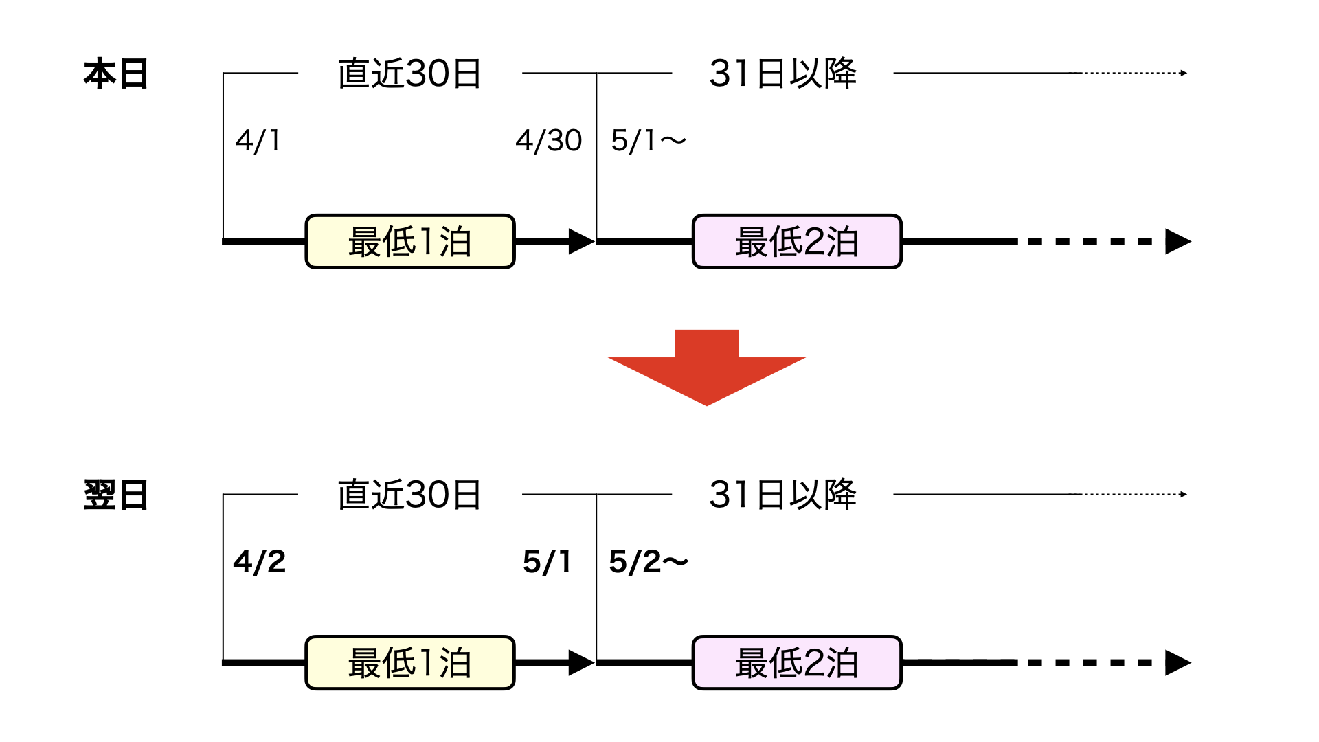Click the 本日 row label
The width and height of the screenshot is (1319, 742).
click(115, 74)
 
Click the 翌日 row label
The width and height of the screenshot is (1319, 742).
click(115, 495)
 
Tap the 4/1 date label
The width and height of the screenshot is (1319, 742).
click(258, 141)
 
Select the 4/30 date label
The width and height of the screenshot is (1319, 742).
click(548, 141)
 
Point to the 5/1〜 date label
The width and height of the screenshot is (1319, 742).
click(648, 141)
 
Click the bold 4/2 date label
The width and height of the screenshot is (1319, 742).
click(259, 562)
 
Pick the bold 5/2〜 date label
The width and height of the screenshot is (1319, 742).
click(648, 562)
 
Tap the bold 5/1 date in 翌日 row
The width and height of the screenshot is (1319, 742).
click(547, 562)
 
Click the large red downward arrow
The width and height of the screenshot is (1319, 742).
click(706, 368)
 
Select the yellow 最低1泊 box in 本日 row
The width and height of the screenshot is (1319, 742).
click(410, 242)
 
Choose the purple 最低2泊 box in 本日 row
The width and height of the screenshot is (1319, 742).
click(797, 242)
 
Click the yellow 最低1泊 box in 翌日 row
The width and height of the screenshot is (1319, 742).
click(410, 663)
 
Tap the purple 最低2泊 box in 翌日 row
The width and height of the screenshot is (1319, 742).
click(797, 663)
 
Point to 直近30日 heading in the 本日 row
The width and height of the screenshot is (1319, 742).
click(409, 74)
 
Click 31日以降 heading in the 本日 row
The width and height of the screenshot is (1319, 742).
click(782, 74)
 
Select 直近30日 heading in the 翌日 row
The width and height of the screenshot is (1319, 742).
click(409, 495)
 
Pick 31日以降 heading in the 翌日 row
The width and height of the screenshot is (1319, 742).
click(782, 495)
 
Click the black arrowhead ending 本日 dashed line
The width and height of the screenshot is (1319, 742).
click(1177, 242)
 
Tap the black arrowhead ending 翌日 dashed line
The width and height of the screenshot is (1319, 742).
click(1177, 663)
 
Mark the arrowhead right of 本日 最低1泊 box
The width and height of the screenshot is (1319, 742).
click(580, 242)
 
